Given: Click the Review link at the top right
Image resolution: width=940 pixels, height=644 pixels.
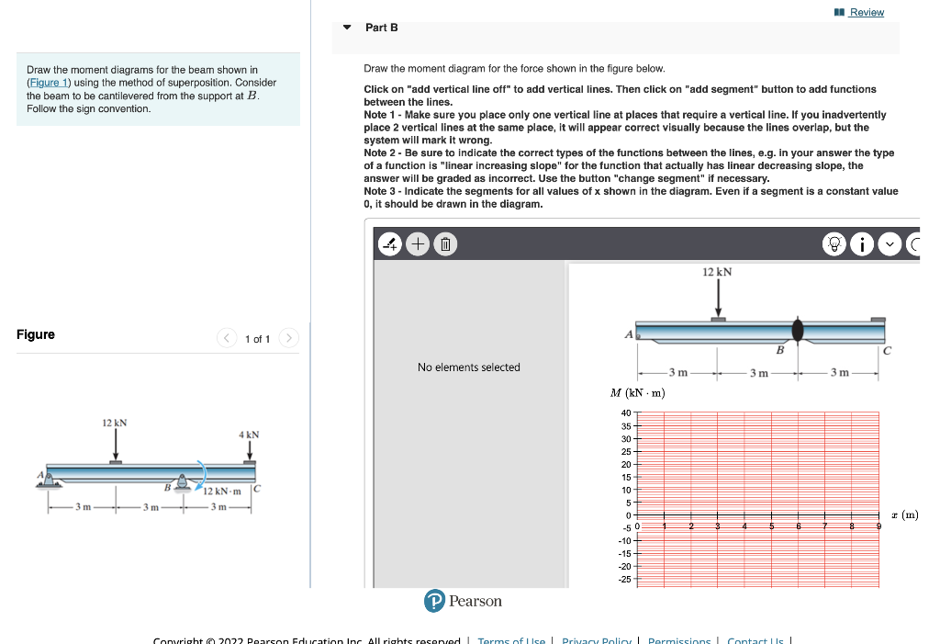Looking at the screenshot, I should click(x=866, y=12).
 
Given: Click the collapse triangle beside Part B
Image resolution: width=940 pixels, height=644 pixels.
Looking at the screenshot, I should click(x=347, y=28).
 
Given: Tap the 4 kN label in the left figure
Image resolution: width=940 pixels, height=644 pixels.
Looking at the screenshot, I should click(x=249, y=434).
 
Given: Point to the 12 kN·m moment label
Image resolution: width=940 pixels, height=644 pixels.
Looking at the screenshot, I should click(x=222, y=491).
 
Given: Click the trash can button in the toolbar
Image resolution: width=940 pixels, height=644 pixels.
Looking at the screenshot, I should click(x=443, y=244).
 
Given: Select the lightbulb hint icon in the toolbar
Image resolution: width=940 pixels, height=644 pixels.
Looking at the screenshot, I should click(x=834, y=244).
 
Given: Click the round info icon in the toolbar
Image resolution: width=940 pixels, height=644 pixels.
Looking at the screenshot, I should click(x=862, y=244).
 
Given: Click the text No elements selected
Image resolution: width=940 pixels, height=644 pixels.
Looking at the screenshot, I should click(x=468, y=367).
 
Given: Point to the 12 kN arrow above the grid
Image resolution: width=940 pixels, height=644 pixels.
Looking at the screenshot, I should click(x=718, y=297).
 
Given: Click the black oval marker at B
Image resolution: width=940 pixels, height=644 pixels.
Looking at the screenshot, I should click(x=798, y=330).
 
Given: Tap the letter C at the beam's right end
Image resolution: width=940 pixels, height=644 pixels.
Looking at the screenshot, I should click(x=887, y=350).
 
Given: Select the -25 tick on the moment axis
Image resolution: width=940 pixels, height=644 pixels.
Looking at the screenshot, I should click(x=625, y=579).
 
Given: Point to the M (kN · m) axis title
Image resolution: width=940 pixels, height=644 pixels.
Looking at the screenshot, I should click(x=637, y=393).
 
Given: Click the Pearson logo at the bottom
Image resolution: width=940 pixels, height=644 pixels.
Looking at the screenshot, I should click(x=464, y=601).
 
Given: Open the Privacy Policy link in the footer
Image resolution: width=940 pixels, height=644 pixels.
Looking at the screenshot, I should click(x=596, y=640).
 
